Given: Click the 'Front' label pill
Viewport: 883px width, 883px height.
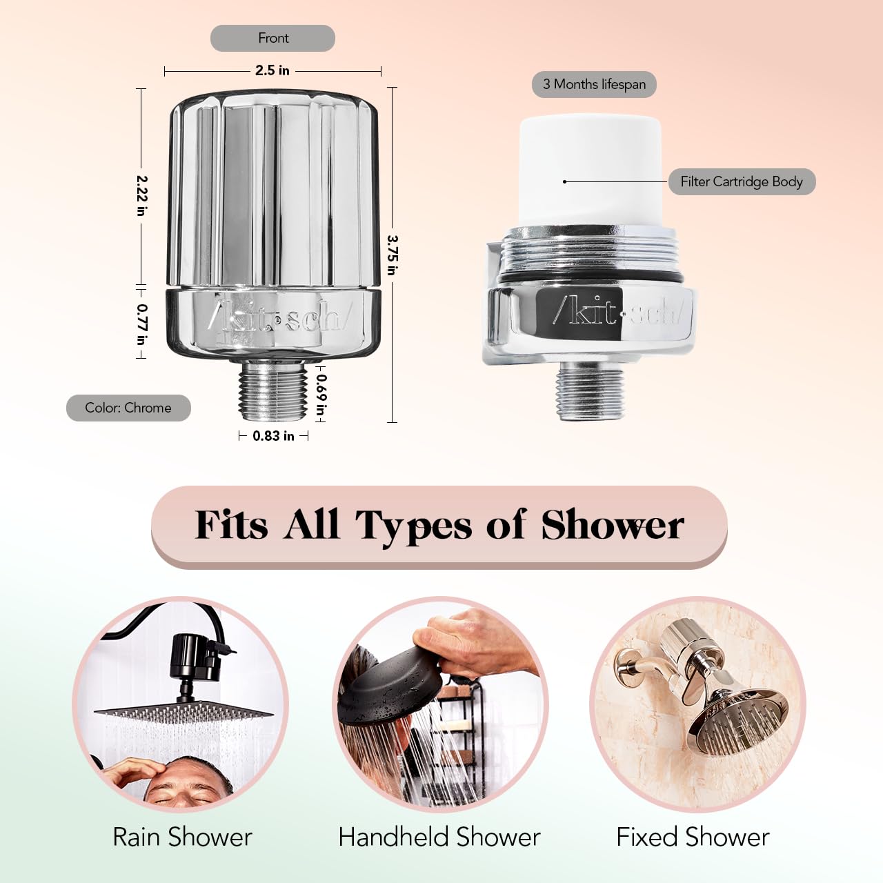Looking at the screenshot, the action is coord(272,38).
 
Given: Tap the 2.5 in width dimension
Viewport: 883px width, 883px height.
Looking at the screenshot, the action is coord(272,70).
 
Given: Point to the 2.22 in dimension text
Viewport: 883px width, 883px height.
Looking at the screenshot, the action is coord(141,196).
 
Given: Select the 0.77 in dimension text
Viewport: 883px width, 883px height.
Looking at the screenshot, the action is coord(142,325).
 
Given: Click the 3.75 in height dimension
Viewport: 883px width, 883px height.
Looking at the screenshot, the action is coord(393,255).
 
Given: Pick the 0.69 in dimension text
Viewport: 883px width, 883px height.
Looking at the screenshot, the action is coord(321,398).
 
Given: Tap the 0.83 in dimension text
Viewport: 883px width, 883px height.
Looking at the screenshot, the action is coord(273,436).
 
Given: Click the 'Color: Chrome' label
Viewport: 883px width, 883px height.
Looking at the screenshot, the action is coord(128,408).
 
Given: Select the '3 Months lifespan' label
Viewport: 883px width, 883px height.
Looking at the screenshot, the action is coord(595,84).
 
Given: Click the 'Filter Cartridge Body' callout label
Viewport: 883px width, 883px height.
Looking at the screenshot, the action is coord(742,182).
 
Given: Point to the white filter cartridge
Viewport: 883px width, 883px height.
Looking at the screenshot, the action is coord(591,170).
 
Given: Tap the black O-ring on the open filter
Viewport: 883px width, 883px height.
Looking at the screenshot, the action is coord(591,278).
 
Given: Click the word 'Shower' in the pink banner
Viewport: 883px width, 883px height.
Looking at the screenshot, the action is coord(613,525).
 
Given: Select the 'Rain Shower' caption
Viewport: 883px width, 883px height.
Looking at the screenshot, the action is coord(182,837).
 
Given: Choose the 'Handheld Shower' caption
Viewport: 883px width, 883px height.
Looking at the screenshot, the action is coord(439,837).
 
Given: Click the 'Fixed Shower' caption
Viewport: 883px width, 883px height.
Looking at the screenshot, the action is coord(693,837).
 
